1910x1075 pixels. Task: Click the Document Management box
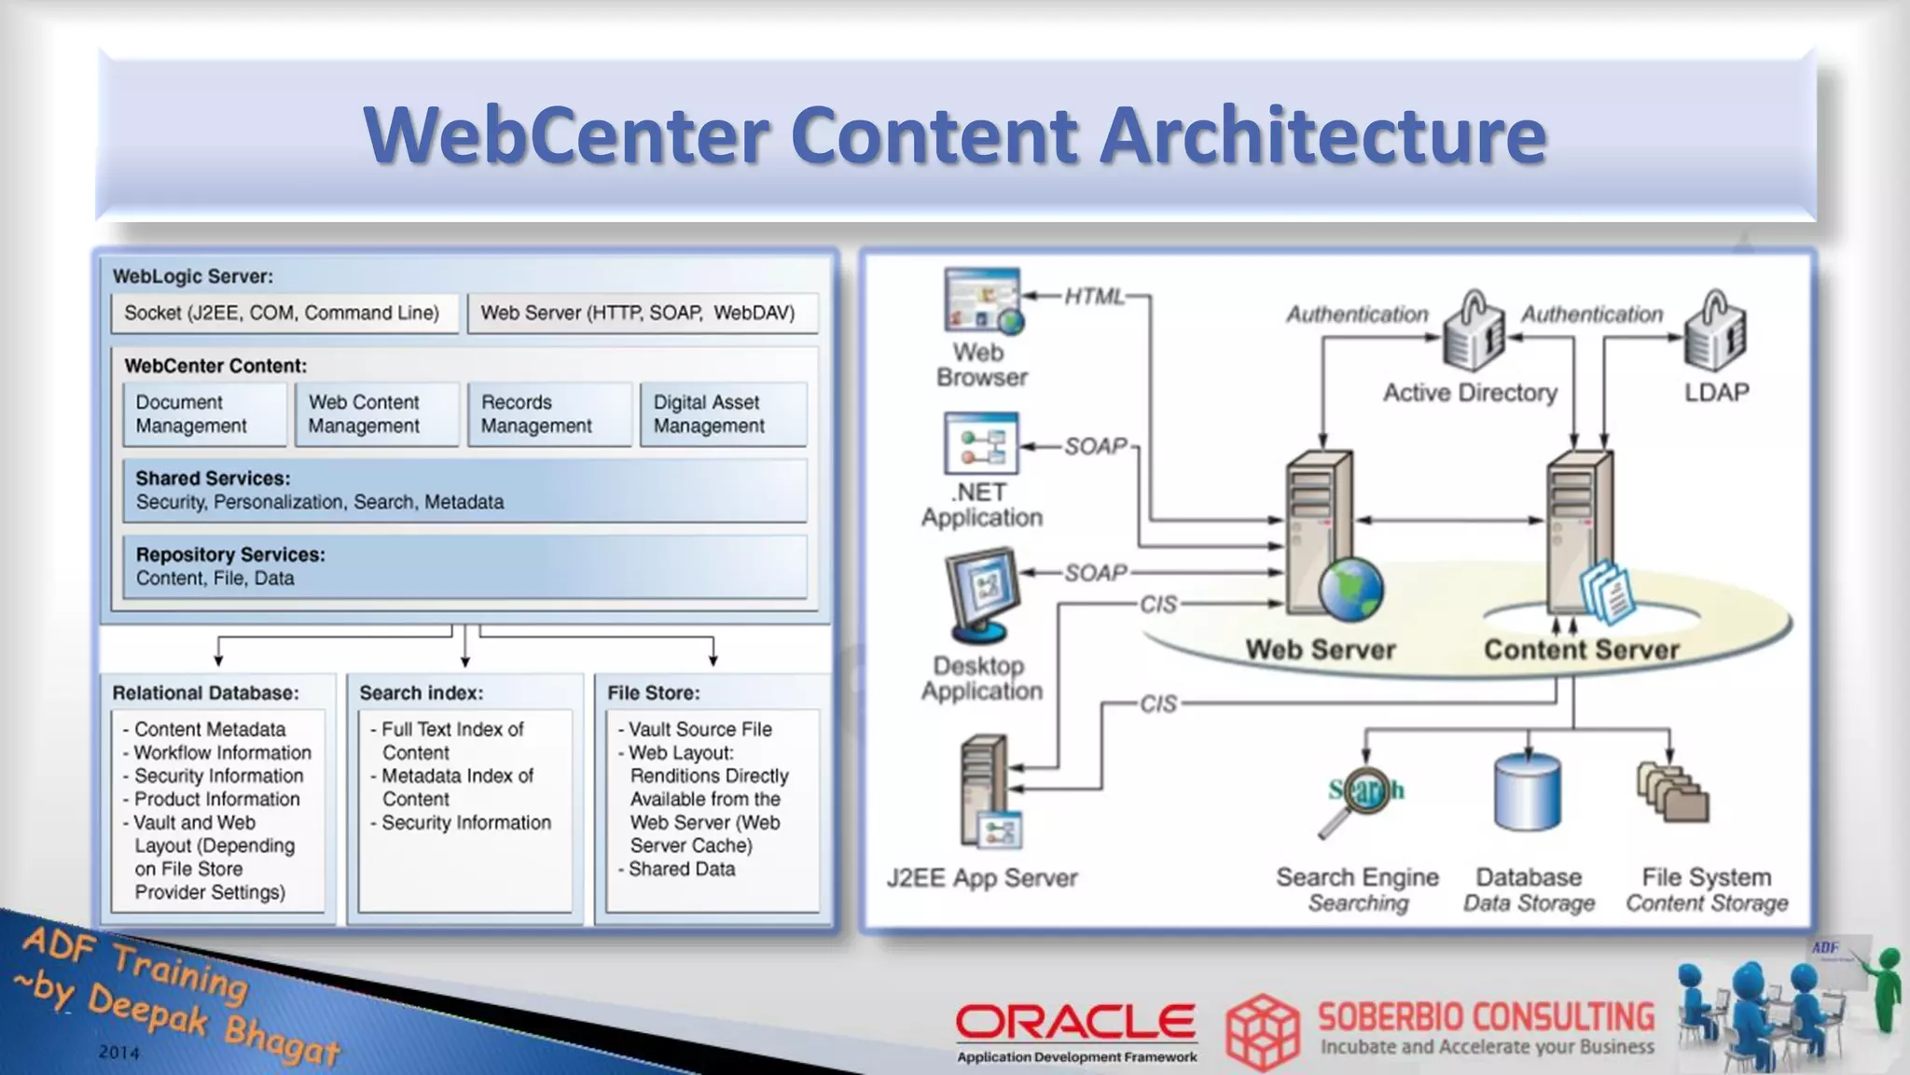(x=204, y=414)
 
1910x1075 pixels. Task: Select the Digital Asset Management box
(x=723, y=414)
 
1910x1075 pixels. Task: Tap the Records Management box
(x=549, y=414)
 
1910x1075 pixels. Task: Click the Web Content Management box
(x=376, y=414)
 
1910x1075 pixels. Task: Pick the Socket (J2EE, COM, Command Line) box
(x=284, y=314)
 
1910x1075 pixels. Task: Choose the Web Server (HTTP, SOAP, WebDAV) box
(x=642, y=314)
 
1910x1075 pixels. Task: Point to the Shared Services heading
(x=213, y=479)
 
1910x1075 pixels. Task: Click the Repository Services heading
(x=230, y=555)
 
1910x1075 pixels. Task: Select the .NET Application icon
(x=980, y=444)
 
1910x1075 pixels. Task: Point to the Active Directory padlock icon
(x=1473, y=332)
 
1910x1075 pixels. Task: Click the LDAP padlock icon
(x=1715, y=332)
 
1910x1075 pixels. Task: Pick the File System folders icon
(x=1673, y=793)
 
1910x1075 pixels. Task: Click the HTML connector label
(x=1095, y=297)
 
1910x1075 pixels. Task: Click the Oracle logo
(x=1075, y=1024)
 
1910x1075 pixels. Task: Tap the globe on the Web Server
(x=1350, y=590)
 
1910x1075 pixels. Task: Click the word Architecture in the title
(x=1322, y=135)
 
